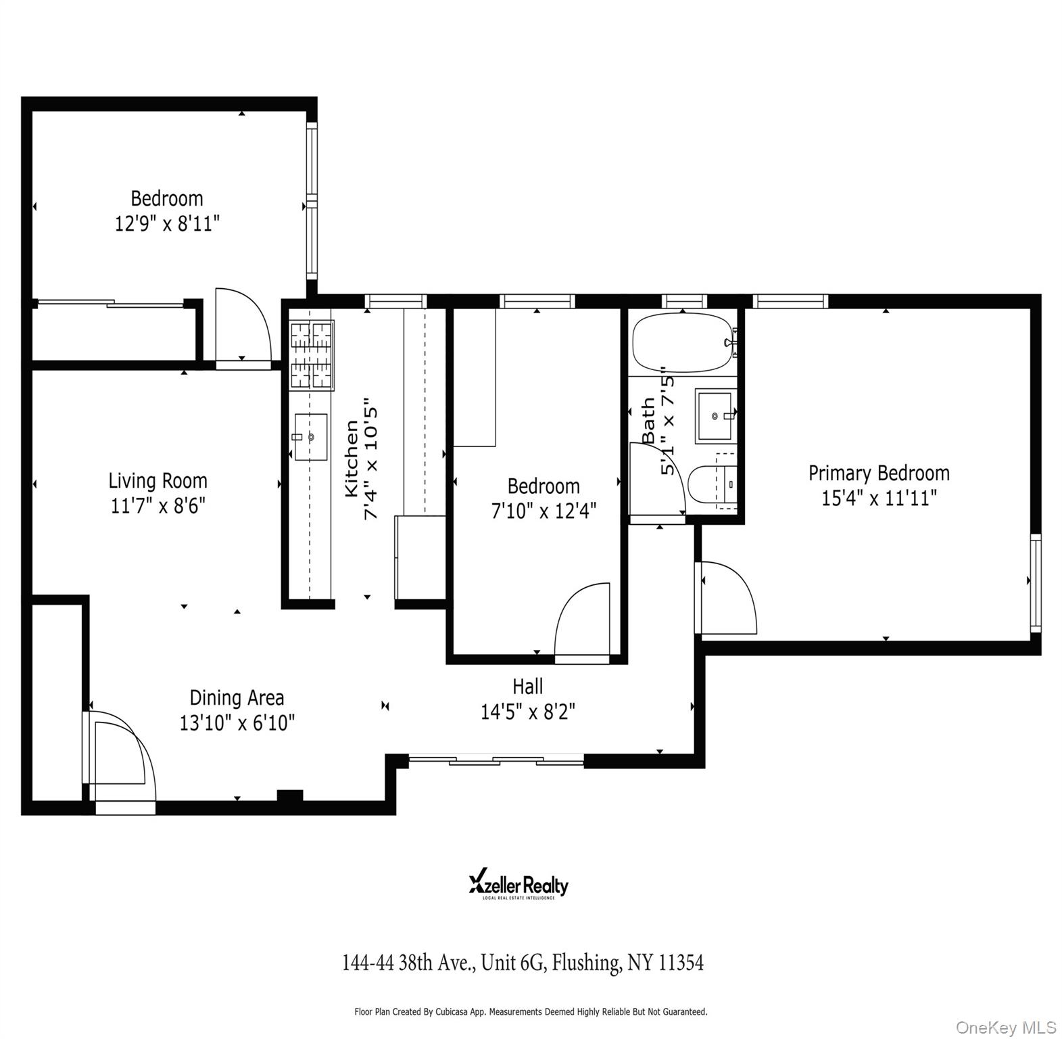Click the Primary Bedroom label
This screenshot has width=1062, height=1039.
pyautogui.click(x=878, y=473)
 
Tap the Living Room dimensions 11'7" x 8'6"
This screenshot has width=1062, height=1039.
pyautogui.click(x=158, y=505)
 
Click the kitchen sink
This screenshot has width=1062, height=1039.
pyautogui.click(x=310, y=437)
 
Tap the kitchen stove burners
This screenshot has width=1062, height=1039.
pyautogui.click(x=312, y=355)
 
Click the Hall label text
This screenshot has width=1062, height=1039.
pyautogui.click(x=527, y=687)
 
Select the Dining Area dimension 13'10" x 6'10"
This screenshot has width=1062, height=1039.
pyautogui.click(x=237, y=723)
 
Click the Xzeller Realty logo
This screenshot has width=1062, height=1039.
pyautogui.click(x=518, y=885)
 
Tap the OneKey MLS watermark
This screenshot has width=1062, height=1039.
pyautogui.click(x=1005, y=1028)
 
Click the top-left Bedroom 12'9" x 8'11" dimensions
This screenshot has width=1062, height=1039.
pyautogui.click(x=167, y=224)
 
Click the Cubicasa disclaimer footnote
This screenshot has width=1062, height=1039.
pyautogui.click(x=531, y=1012)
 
